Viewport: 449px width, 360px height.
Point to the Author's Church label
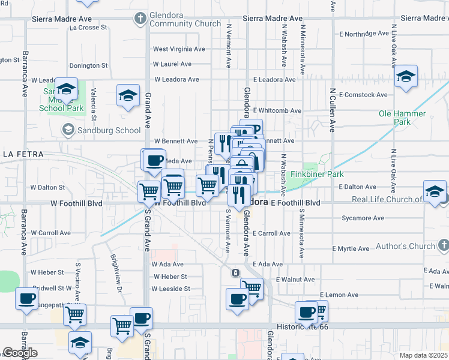[405, 246]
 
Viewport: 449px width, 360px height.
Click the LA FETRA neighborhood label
[23, 154]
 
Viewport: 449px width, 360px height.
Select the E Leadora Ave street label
[274, 79]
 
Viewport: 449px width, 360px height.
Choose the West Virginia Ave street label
[179, 49]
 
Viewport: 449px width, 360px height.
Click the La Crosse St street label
[88, 28]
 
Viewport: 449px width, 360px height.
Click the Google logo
[20, 353]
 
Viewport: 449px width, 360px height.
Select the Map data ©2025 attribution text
[423, 355]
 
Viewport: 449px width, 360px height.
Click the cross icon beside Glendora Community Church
[140, 17]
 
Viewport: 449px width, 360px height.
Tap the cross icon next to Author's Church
[443, 245]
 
